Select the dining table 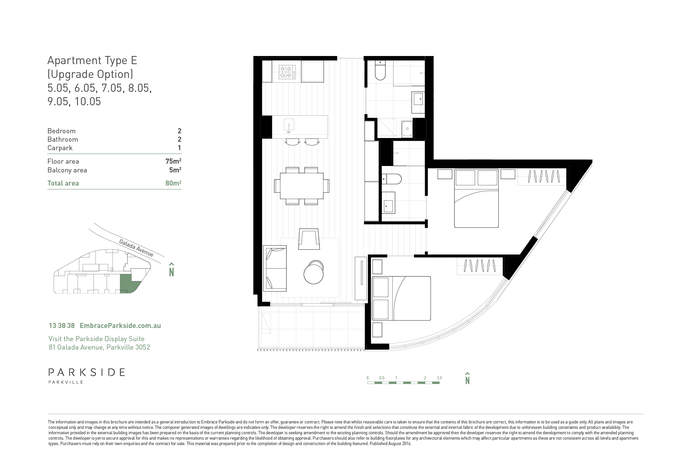302,186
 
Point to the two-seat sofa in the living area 275,268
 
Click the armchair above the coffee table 309,240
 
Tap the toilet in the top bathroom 380,70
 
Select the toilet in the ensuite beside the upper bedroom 391,178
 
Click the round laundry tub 407,128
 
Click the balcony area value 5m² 175,170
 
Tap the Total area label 63,183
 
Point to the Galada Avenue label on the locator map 136,248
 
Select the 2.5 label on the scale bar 439,378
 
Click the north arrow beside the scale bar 468,378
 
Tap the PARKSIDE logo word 87,373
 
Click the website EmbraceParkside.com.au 120,326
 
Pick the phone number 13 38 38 62,326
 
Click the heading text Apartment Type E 92,60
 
